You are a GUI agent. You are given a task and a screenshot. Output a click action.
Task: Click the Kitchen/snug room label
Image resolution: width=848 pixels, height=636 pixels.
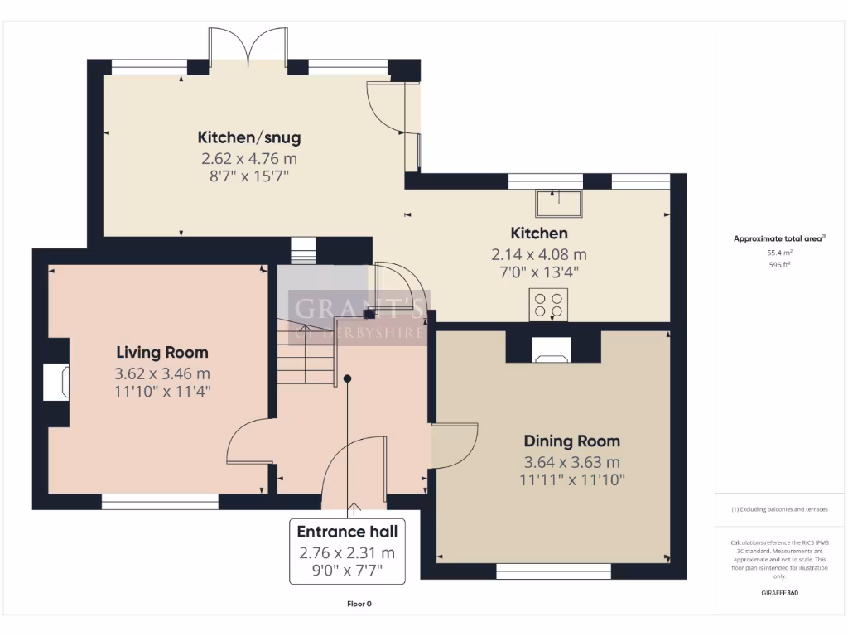point(248,137)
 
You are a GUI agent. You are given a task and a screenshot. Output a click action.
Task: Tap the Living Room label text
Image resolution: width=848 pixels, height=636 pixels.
point(161,353)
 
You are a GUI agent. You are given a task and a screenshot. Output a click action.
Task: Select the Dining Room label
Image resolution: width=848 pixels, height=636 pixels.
point(571,441)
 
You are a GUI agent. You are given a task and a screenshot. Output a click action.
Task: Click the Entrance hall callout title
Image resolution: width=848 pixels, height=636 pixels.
point(347,532)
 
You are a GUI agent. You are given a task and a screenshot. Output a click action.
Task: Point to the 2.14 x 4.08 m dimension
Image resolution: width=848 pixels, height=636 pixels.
point(538,254)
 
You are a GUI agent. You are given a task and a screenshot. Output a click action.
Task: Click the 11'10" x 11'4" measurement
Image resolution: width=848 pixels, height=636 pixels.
point(161,392)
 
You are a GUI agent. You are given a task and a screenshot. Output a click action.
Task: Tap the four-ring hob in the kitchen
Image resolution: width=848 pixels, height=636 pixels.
point(548,304)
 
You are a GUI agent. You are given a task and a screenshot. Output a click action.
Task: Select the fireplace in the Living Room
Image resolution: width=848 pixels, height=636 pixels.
point(57,382)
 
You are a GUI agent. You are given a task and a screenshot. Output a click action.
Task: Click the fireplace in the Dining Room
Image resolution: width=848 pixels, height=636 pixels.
point(551,349)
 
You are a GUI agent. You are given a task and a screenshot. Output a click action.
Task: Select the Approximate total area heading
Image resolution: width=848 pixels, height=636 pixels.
point(778,238)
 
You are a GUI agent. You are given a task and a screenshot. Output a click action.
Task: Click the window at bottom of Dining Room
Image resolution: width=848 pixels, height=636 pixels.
point(553,571)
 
